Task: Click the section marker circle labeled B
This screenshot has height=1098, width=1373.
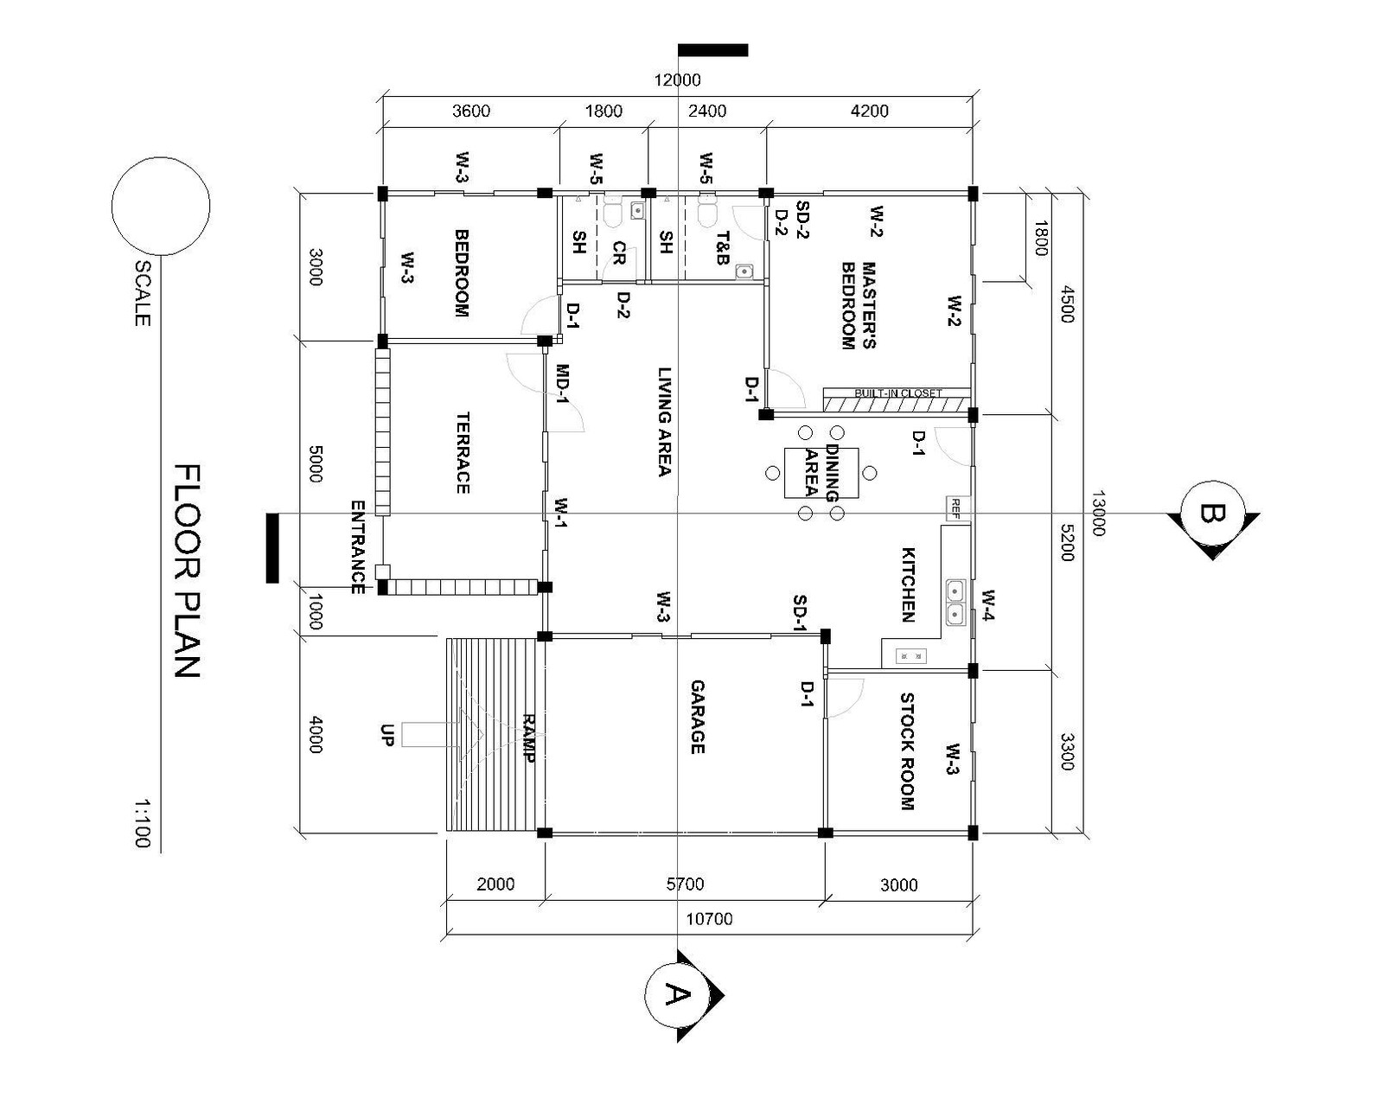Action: point(1213,514)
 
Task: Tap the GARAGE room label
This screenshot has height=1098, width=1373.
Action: point(697,717)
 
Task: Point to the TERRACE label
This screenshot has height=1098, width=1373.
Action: point(463,452)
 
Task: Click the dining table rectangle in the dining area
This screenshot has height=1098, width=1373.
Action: point(821,473)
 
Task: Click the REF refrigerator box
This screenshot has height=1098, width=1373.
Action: point(956,508)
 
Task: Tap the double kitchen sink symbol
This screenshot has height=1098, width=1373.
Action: point(955,602)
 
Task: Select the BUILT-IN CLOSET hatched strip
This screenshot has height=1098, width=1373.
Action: point(896,400)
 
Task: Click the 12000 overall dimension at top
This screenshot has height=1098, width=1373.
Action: point(677,80)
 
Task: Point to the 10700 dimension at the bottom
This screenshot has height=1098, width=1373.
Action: point(709,919)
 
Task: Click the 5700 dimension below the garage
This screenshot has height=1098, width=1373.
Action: point(685,884)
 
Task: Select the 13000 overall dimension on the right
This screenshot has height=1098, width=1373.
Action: point(1097,514)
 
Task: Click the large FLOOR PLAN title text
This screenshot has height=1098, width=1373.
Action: point(188,571)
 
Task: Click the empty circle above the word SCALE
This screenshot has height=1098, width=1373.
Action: point(161,206)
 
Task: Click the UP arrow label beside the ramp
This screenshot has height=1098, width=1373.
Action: point(386,735)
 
